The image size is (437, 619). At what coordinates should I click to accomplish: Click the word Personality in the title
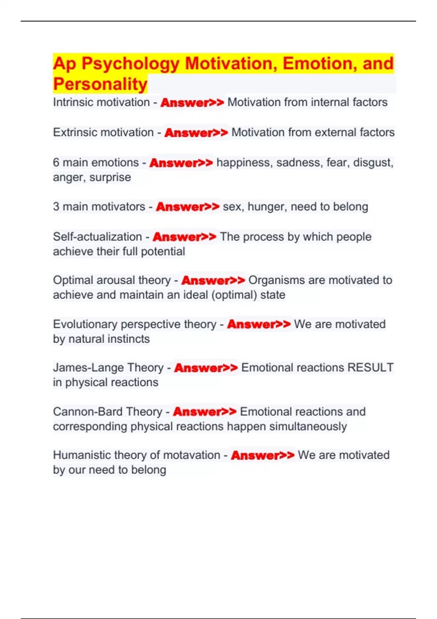pos(100,84)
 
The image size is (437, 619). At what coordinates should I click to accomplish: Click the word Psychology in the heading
pos(130,64)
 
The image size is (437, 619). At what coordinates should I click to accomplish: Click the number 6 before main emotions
pos(56,162)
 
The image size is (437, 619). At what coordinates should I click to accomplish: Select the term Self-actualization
pos(97,237)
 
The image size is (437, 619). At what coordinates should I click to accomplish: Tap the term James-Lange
pos(83,368)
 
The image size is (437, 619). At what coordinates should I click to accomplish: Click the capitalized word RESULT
pos(370,368)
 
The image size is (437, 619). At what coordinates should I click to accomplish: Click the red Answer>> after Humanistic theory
pos(263,456)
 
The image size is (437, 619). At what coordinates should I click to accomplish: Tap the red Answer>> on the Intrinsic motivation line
pos(192,103)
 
